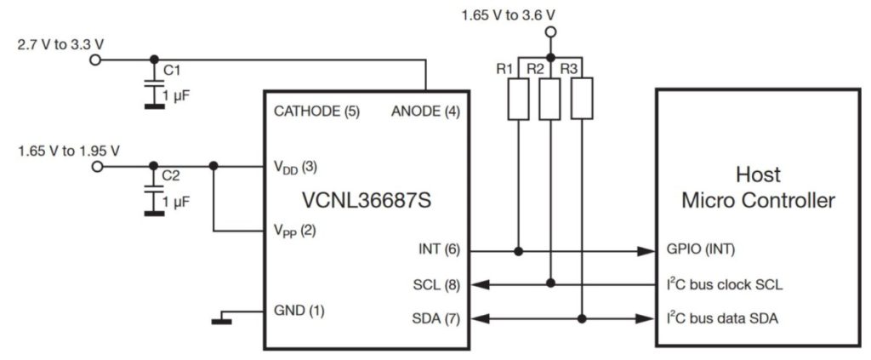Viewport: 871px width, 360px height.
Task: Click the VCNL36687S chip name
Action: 366,202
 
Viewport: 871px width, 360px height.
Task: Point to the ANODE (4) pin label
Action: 425,111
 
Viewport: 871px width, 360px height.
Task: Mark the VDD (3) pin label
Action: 294,166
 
